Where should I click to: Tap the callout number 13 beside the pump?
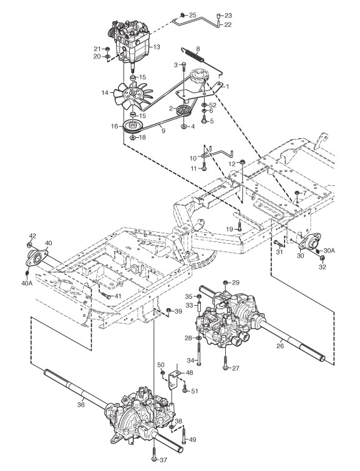tap(157, 47)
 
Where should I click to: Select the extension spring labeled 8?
tap(195, 56)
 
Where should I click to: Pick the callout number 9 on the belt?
tap(163, 130)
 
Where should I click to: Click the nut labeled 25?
tap(182, 15)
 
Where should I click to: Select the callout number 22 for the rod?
tap(228, 24)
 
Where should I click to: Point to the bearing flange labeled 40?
tap(36, 258)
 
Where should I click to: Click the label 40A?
tap(27, 283)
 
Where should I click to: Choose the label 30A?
tap(329, 250)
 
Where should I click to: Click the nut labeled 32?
tap(321, 258)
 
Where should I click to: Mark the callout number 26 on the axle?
tap(280, 346)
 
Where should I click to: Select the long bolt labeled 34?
tap(198, 354)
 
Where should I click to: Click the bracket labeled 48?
tap(173, 381)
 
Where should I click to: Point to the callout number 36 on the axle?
tap(81, 405)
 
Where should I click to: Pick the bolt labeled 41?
tap(106, 296)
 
